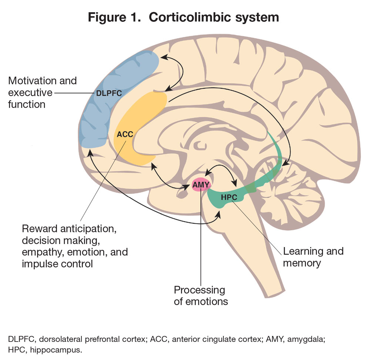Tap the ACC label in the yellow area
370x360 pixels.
click(125, 134)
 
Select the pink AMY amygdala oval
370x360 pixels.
click(201, 184)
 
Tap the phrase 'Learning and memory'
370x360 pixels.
click(313, 257)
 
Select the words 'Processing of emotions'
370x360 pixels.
click(200, 295)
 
